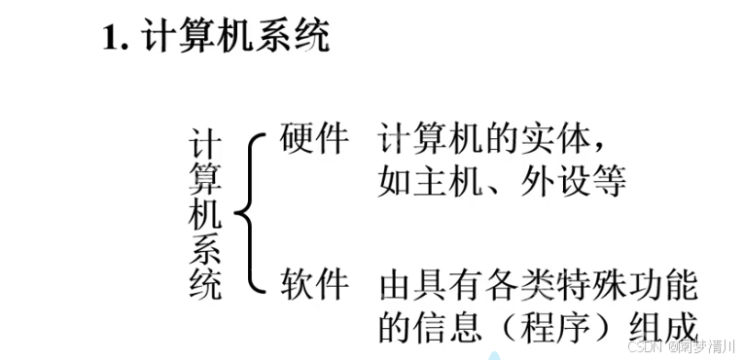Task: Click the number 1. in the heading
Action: (x=118, y=39)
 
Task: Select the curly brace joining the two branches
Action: (x=247, y=214)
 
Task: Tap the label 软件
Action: (x=314, y=285)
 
